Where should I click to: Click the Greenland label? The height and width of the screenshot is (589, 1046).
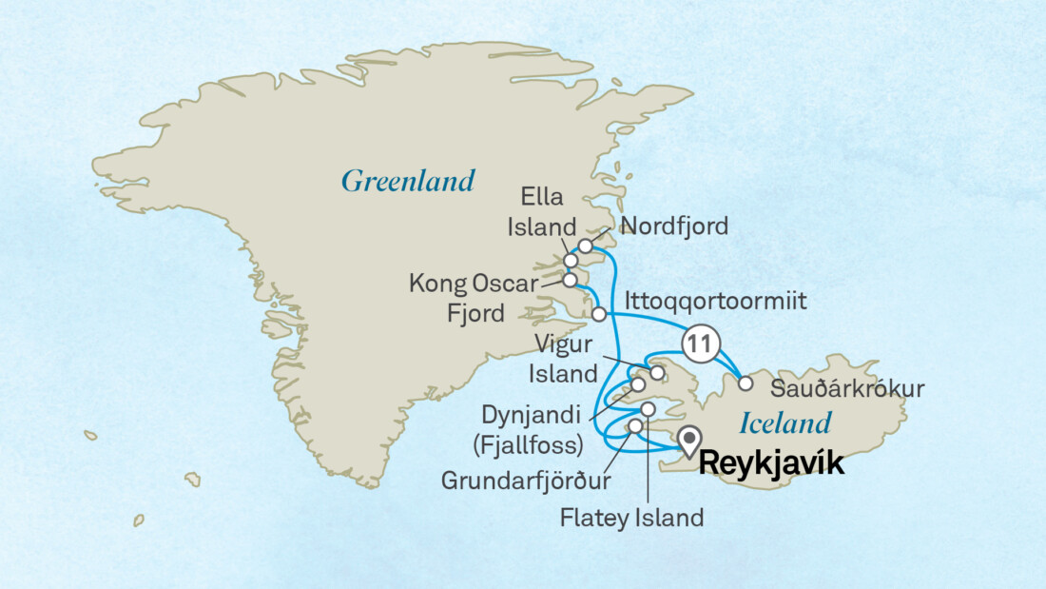point(407,181)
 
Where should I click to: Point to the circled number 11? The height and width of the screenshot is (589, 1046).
point(698,347)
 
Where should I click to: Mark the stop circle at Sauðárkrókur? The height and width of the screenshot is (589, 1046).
point(746,384)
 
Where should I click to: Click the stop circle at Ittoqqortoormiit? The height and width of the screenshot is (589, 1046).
point(599,314)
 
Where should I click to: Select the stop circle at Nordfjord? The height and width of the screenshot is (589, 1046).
point(586,246)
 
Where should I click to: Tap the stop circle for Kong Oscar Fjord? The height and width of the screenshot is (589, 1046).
point(570,281)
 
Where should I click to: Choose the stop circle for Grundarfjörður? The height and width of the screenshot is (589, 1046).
point(635,424)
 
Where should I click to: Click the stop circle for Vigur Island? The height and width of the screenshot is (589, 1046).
point(656,372)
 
